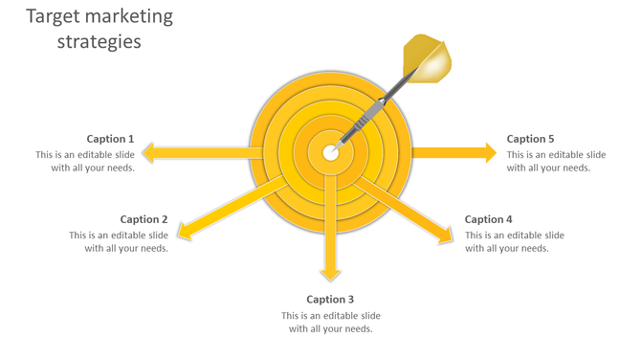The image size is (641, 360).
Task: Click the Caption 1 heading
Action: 110,139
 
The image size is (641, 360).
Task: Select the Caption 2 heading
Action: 144,219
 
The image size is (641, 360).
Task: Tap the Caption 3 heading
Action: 330,300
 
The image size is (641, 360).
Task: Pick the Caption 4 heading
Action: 489,219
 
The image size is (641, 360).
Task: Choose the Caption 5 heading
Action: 531,139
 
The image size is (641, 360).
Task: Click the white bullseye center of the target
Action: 330,152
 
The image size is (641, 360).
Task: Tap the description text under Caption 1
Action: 85,161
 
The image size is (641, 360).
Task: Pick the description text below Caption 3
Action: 330,323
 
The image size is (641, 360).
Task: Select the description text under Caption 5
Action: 556,161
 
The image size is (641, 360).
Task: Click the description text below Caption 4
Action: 514,241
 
